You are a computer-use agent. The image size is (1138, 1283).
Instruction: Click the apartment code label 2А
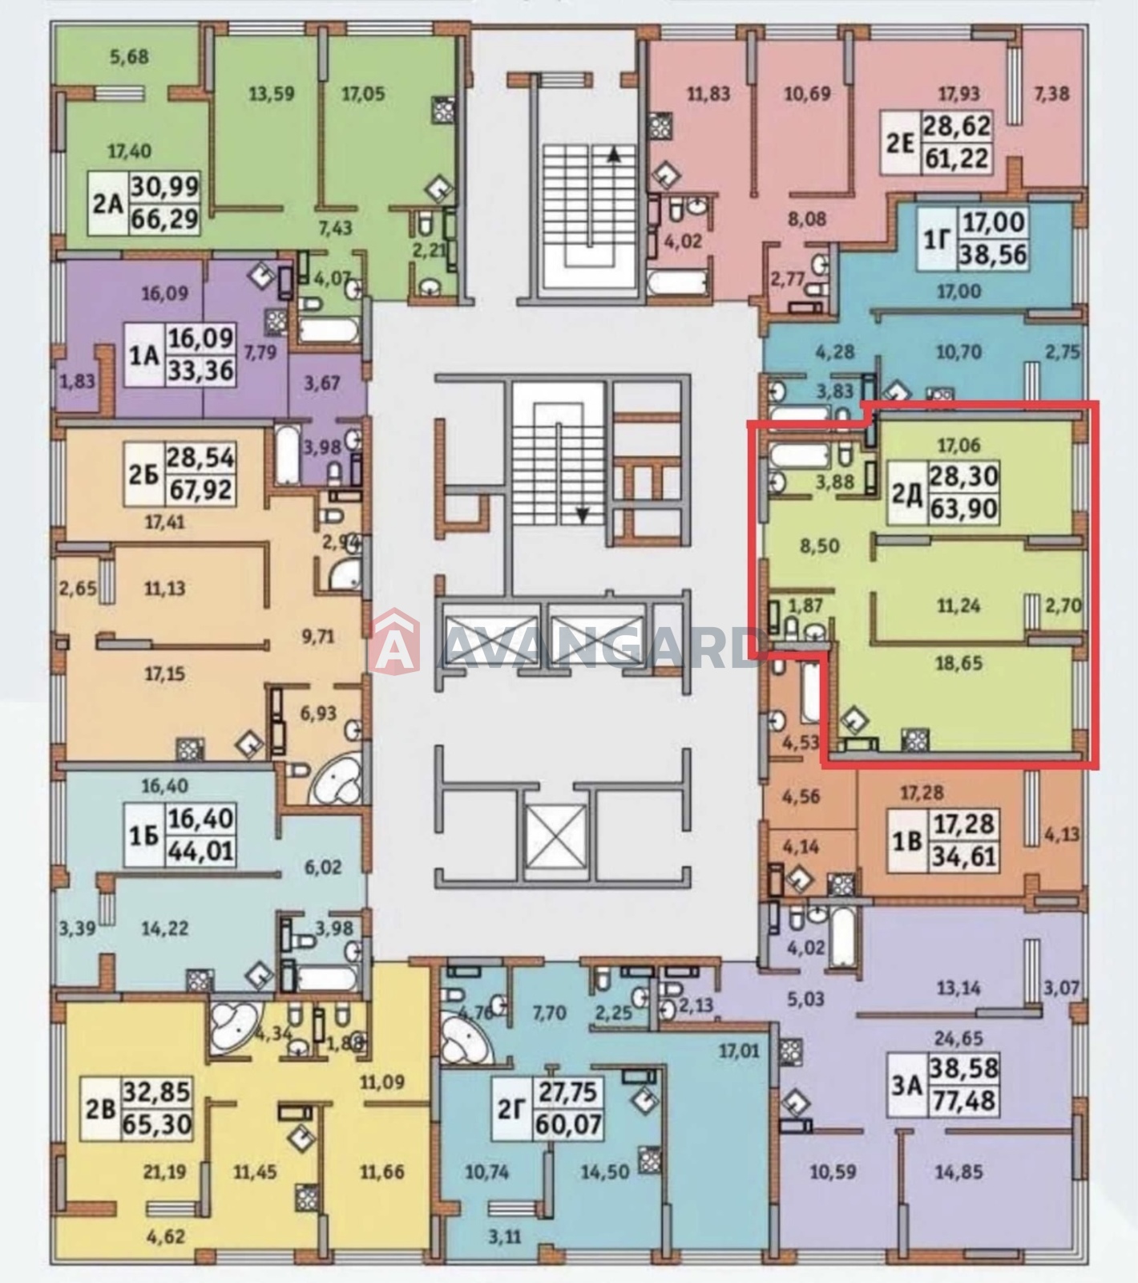tap(107, 203)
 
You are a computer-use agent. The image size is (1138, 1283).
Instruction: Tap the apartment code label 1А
tap(143, 354)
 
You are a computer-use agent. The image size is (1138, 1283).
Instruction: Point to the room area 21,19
tap(164, 1172)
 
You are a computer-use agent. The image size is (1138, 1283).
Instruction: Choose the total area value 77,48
tap(962, 1100)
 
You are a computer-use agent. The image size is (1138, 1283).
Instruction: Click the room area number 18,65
tap(958, 663)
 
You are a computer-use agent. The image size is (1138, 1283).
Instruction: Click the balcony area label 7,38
tap(1051, 93)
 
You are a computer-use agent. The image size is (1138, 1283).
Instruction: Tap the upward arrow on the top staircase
tap(614, 156)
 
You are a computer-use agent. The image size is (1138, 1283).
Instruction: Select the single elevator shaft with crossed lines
tap(557, 835)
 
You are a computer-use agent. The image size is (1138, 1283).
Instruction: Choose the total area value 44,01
tap(200, 850)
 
